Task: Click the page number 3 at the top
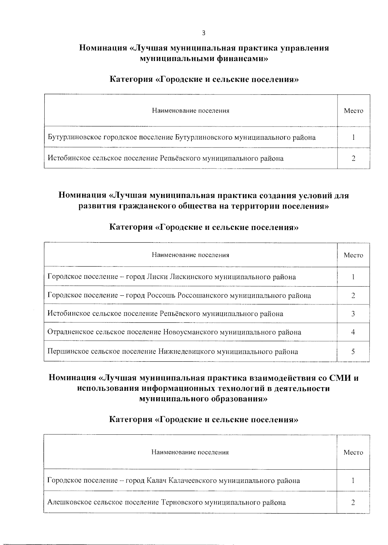(203, 33)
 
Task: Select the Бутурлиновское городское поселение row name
(181, 137)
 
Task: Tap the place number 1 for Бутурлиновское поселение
(353, 137)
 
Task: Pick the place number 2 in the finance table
(353, 158)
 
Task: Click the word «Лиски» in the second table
(157, 277)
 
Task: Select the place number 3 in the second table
(353, 314)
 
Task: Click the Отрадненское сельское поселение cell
(174, 332)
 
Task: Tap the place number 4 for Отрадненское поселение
(353, 332)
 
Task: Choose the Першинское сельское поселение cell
(172, 352)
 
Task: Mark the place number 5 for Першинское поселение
(353, 352)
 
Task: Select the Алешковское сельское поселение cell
(166, 503)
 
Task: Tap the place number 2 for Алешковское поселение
(353, 503)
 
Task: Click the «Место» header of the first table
(353, 111)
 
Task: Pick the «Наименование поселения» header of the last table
(190, 452)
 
